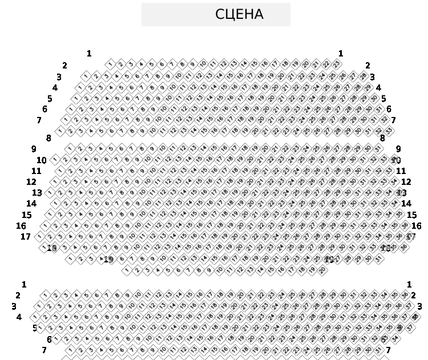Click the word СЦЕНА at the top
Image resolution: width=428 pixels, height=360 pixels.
click(239, 15)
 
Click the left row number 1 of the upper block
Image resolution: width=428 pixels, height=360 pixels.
click(89, 54)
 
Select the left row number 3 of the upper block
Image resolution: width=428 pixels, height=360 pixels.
click(59, 77)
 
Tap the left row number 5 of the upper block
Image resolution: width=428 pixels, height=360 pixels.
click(50, 99)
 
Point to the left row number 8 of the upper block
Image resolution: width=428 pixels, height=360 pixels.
click(49, 138)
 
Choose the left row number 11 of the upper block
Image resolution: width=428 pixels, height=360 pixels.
click(37, 171)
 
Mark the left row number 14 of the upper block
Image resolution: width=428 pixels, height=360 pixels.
click(31, 204)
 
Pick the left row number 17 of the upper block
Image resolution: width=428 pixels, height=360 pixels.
click(26, 237)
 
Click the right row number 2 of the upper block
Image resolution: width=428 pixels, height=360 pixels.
click(368, 66)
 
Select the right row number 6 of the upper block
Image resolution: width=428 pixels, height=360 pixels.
click(389, 109)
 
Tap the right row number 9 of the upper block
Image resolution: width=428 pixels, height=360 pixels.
click(398, 149)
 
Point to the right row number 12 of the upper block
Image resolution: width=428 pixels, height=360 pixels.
click(406, 182)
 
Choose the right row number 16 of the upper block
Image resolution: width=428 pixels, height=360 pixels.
click(417, 226)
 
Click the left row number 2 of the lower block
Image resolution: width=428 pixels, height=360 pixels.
click(18, 296)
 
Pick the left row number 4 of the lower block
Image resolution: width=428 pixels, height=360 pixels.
click(19, 317)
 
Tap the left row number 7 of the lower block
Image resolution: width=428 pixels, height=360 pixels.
click(44, 350)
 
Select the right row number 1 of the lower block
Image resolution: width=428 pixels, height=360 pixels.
click(409, 284)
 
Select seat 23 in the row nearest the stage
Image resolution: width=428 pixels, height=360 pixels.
click(337, 64)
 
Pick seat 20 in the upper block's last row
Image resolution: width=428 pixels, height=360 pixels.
click(323, 270)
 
